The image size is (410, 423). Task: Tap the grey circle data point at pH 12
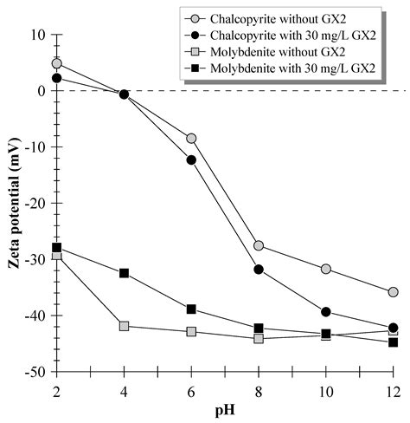(x=394, y=292)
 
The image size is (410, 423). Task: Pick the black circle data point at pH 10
(x=326, y=312)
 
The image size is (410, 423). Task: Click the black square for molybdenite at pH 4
(x=124, y=273)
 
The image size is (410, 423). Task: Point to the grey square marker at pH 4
(x=124, y=326)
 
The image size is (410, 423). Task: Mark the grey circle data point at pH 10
(x=326, y=269)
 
